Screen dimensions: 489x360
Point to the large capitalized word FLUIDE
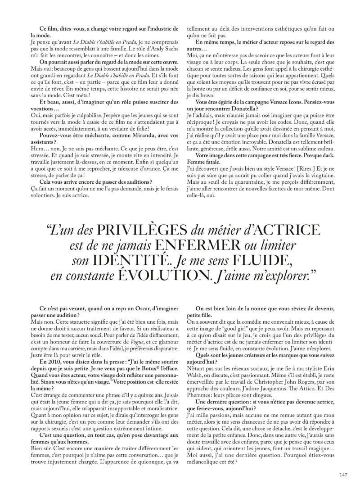(262, 261)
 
